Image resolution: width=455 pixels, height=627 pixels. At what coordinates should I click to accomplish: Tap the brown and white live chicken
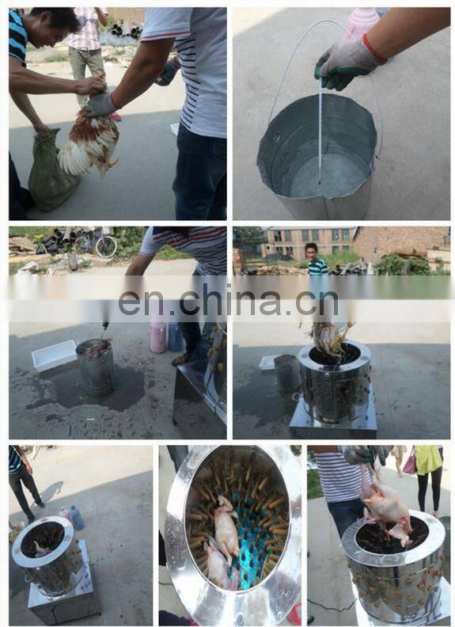click(90, 142)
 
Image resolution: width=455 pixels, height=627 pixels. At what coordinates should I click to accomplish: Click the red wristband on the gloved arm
click(374, 48)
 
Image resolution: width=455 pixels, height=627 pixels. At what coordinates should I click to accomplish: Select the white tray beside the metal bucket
click(54, 355)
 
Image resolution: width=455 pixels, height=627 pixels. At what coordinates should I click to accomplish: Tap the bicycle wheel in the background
click(106, 246)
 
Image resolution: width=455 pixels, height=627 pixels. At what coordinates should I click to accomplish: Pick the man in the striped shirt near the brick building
click(316, 260)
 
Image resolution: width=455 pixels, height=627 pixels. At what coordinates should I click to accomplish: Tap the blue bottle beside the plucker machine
click(77, 518)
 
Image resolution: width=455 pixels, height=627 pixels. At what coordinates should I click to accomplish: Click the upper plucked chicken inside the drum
click(226, 524)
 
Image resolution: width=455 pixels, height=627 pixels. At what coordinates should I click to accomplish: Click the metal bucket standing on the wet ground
click(95, 367)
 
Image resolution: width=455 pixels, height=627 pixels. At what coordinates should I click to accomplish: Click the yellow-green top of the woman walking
click(428, 459)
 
